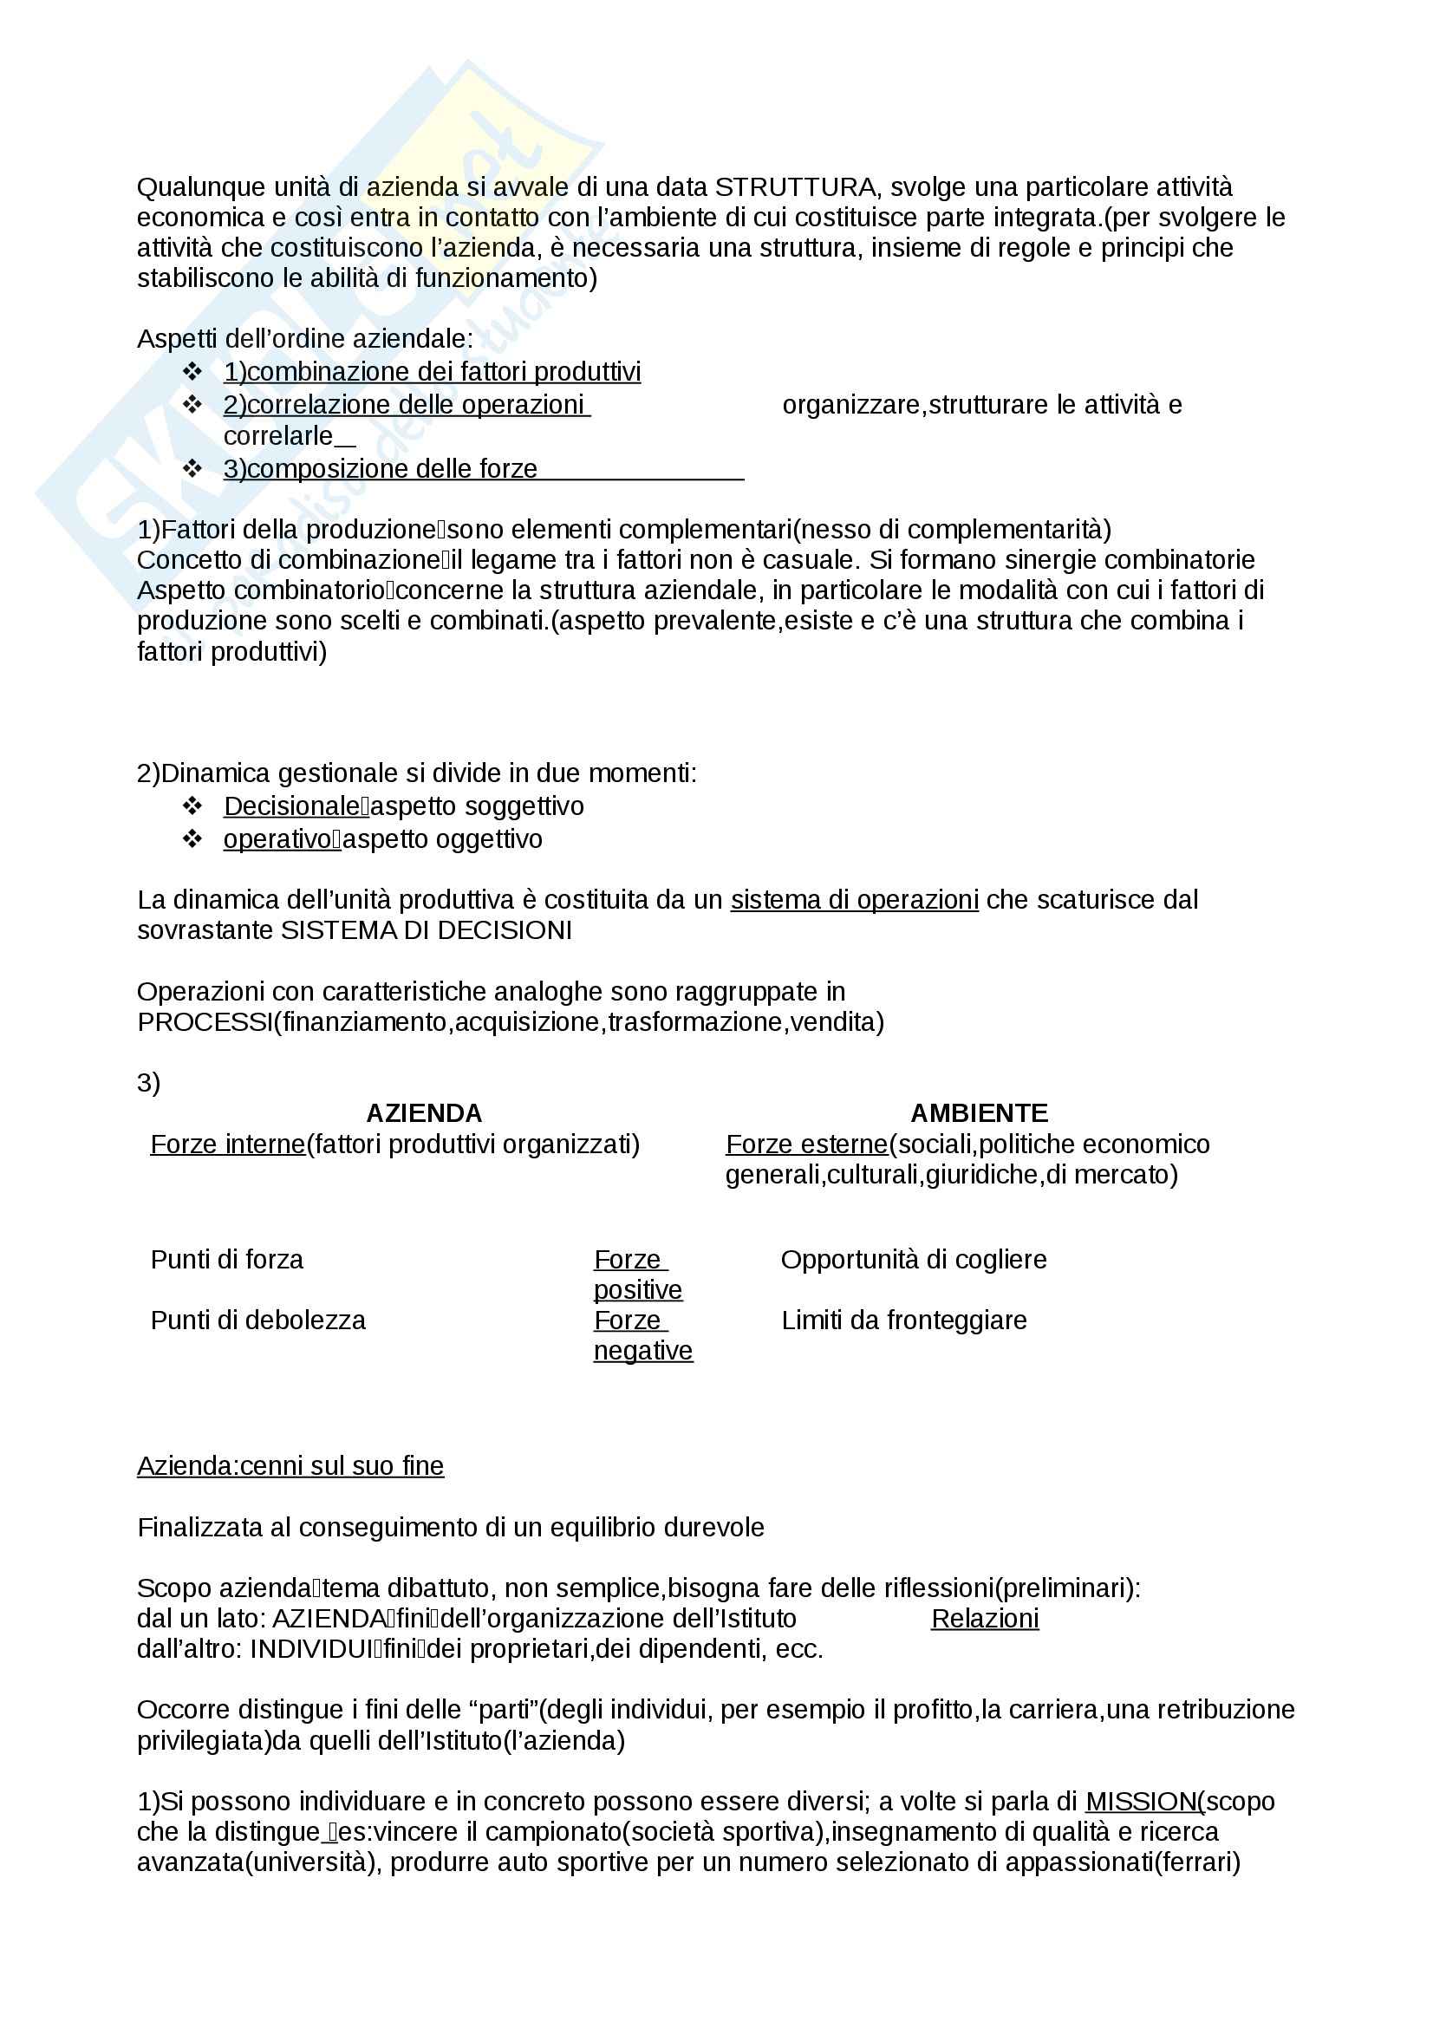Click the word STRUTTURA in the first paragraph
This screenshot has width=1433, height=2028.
pyautogui.click(x=794, y=187)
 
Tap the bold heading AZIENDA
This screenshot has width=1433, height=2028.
pyautogui.click(x=424, y=1113)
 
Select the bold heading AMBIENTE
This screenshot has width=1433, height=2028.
pyautogui.click(x=979, y=1113)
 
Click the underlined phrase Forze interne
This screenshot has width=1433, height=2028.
pyautogui.click(x=228, y=1144)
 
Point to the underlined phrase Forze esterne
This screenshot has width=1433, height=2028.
pyautogui.click(x=806, y=1144)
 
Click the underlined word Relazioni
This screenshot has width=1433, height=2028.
pyautogui.click(x=985, y=1618)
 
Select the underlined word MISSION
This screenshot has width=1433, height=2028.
pyautogui.click(x=1140, y=1801)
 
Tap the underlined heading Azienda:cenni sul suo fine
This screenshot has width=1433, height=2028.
pyautogui.click(x=290, y=1465)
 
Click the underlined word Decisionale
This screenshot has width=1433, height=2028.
pyautogui.click(x=290, y=805)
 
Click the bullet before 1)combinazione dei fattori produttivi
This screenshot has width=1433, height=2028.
pyautogui.click(x=192, y=371)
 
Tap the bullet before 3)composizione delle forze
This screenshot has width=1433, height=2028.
pyautogui.click(x=192, y=468)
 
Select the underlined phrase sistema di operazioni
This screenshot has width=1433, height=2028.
pyautogui.click(x=854, y=899)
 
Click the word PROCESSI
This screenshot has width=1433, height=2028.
pyautogui.click(x=205, y=1022)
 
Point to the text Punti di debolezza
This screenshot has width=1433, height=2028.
pyautogui.click(x=257, y=1320)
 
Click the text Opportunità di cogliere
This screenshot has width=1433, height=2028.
pyautogui.click(x=913, y=1259)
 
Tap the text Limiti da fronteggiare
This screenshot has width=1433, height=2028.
pyautogui.click(x=903, y=1320)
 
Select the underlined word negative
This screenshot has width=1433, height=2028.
pyautogui.click(x=642, y=1351)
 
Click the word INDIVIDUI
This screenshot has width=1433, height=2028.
pyautogui.click(x=311, y=1649)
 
